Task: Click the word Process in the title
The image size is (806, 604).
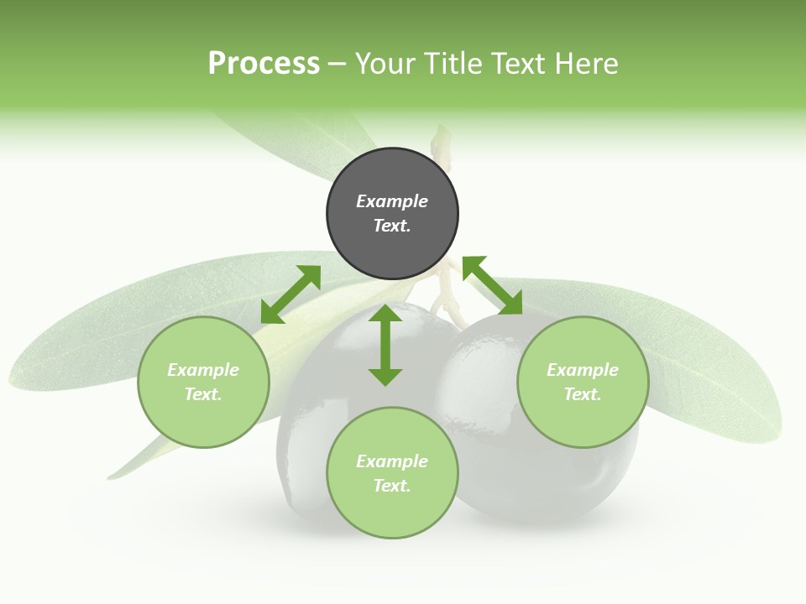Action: click(264, 64)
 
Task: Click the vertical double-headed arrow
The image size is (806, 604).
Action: click(385, 345)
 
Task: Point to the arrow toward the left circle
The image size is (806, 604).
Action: click(290, 294)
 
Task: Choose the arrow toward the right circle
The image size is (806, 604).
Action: click(493, 285)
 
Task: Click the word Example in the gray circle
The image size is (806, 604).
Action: click(392, 201)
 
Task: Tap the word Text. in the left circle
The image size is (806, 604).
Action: click(203, 394)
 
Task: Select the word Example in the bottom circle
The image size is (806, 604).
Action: click(392, 461)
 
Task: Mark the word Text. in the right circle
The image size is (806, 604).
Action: click(583, 394)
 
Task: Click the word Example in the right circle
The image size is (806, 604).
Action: click(583, 370)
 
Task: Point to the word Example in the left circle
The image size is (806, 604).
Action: click(203, 370)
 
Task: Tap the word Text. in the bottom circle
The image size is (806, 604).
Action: click(392, 486)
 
